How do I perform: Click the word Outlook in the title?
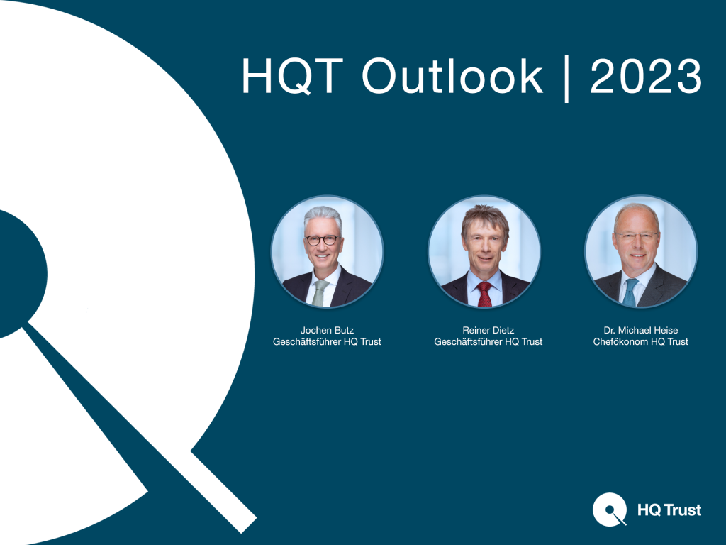pyautogui.click(x=452, y=76)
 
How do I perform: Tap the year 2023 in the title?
pyautogui.click(x=646, y=76)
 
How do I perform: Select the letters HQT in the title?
pyautogui.click(x=292, y=76)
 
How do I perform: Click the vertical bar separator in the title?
pyautogui.click(x=566, y=79)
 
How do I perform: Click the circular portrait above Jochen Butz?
pyautogui.click(x=327, y=252)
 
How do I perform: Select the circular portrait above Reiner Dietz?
pyautogui.click(x=484, y=252)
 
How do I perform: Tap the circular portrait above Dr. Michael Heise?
pyautogui.click(x=641, y=252)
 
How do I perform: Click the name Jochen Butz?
pyautogui.click(x=327, y=330)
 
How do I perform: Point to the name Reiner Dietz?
pyautogui.click(x=488, y=330)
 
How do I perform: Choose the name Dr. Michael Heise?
pyautogui.click(x=641, y=330)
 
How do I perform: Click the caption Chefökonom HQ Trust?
pyautogui.click(x=641, y=341)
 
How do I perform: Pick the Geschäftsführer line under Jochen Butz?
pyautogui.click(x=327, y=341)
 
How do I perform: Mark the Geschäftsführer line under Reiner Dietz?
pyautogui.click(x=488, y=341)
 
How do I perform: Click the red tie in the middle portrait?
pyautogui.click(x=484, y=294)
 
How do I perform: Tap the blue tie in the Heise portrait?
pyautogui.click(x=630, y=292)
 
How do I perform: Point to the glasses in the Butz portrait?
pyautogui.click(x=323, y=240)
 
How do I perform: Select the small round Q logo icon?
pyautogui.click(x=610, y=510)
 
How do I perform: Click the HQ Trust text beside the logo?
pyautogui.click(x=669, y=510)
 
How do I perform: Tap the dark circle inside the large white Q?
pyautogui.click(x=18, y=273)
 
